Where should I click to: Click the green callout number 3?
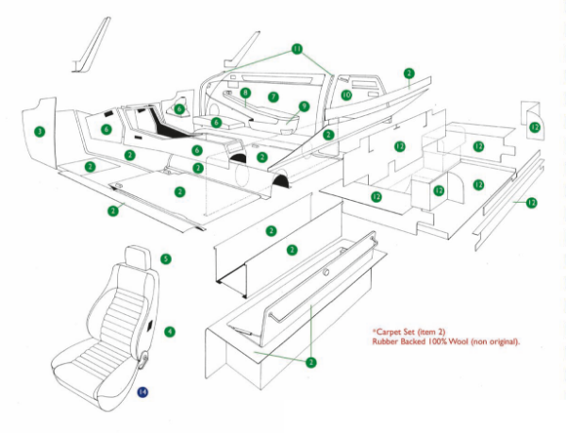[x=39, y=130]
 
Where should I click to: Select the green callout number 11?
[x=297, y=48]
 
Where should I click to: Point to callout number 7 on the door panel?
[x=273, y=96]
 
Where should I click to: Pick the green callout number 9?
[x=304, y=107]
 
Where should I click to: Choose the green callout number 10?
[x=346, y=95]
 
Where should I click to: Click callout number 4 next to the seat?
[x=169, y=331]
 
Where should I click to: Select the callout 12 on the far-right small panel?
[x=535, y=127]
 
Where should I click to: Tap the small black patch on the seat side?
[x=156, y=329]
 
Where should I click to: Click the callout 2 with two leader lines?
[x=310, y=360]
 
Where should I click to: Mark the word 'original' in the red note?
[x=503, y=341]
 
